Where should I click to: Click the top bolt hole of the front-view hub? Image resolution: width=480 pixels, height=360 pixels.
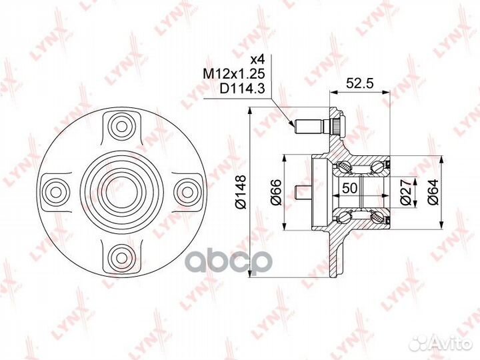[x=121, y=125]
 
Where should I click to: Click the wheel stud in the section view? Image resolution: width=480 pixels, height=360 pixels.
[x=313, y=125]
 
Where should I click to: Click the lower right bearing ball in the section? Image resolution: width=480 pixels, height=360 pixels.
[x=381, y=215]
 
